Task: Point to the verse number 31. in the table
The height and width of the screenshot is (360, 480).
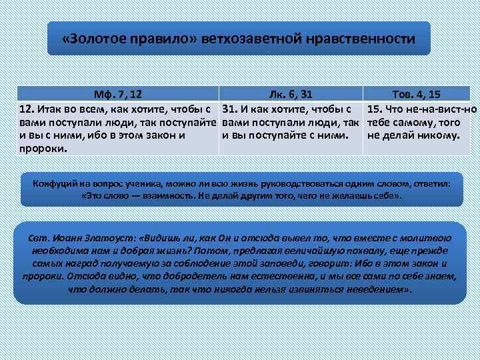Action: click(230, 109)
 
